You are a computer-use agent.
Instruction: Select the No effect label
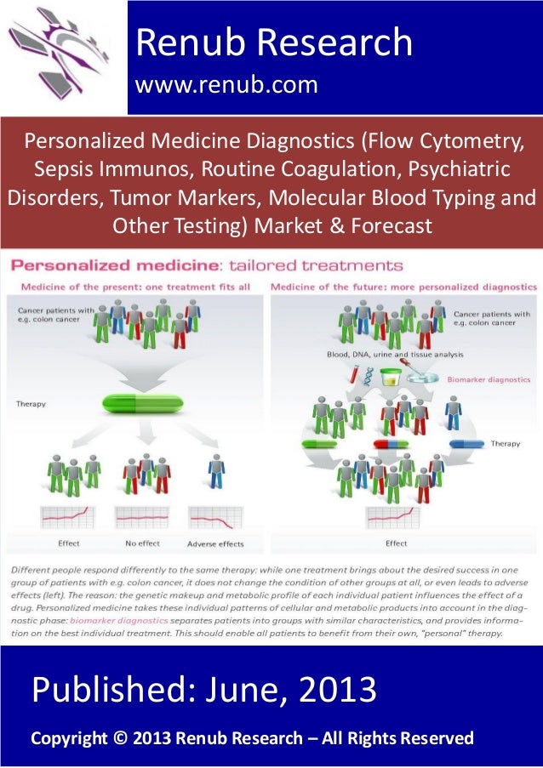click(x=142, y=543)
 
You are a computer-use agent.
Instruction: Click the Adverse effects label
click(x=214, y=543)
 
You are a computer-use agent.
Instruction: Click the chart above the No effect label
click(x=141, y=517)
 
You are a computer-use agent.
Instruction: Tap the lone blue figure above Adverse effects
click(x=217, y=471)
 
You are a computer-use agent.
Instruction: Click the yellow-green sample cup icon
click(x=391, y=375)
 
